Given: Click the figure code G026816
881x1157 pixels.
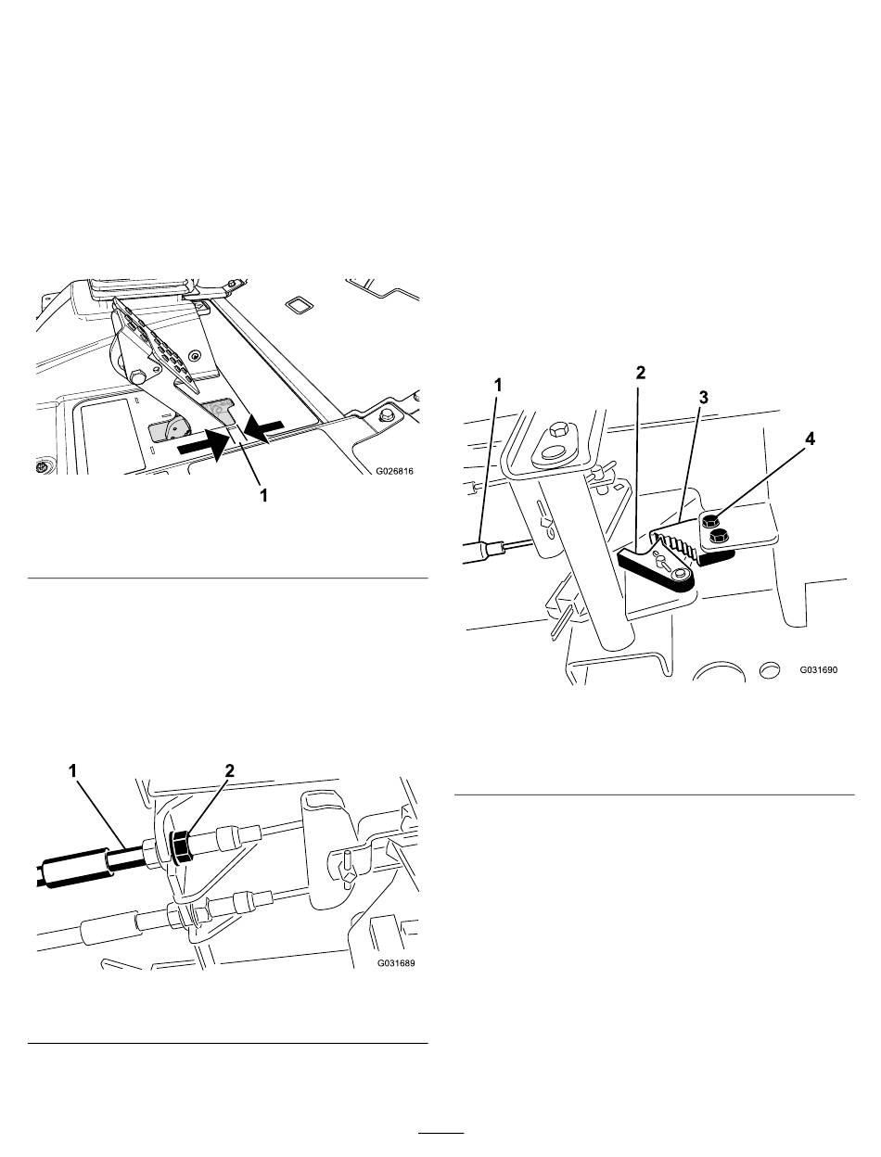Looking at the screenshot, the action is pos(394,471).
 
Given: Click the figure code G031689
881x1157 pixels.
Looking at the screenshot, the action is pos(395,963).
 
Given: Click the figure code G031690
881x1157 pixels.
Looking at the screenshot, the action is pos(818,670).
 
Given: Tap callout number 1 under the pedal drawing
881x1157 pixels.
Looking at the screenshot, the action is pos(263,495).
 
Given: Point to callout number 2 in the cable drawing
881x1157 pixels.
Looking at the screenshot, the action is pos(229,771).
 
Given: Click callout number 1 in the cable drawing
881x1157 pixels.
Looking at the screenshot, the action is pos(72,771).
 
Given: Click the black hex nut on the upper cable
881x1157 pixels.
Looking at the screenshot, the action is pos(180,847).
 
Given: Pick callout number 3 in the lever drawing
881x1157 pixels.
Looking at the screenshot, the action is pos(703,398).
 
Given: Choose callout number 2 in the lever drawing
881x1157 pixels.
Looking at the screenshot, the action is pos(640,373).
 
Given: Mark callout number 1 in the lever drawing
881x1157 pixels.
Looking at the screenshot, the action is pos(498,386).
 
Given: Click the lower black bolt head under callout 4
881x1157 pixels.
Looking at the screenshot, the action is pos(716,538).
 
